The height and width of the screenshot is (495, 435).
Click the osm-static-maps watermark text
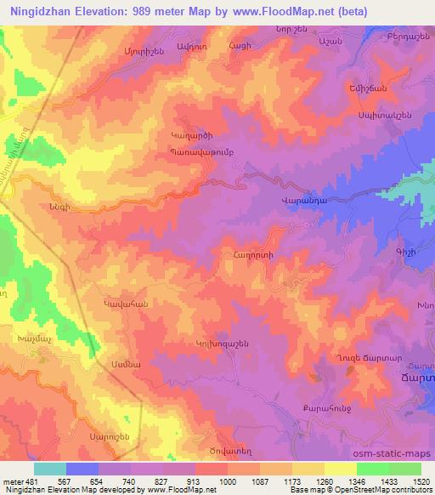[397, 453]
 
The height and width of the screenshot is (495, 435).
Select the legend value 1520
[421, 481]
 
